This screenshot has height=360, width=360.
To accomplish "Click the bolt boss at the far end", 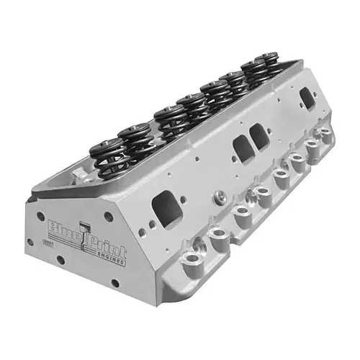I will pos(328,134).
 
